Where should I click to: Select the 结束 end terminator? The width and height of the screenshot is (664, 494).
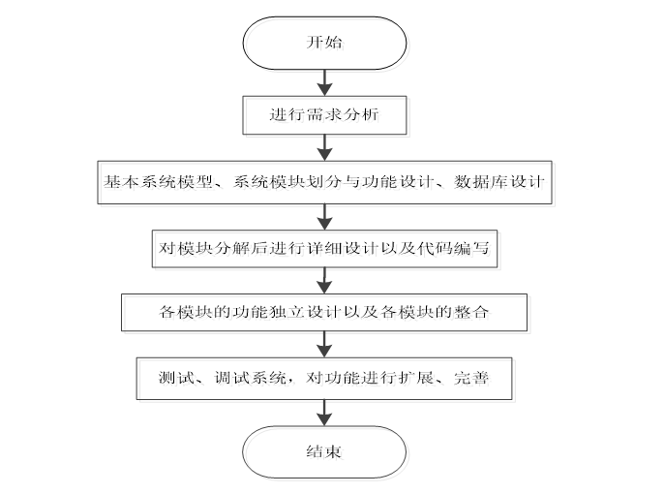[x=324, y=452]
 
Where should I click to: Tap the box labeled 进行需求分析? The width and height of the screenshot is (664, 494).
[x=324, y=115]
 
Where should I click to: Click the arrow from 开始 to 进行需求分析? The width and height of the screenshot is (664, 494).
[x=324, y=83]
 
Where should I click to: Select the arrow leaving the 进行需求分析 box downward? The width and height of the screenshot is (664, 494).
[x=324, y=148]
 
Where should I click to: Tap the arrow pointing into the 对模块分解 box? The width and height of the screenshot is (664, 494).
[x=324, y=216]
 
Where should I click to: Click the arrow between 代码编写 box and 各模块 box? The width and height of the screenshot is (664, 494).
[x=324, y=280]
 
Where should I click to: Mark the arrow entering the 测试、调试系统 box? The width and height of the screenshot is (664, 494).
[x=324, y=344]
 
